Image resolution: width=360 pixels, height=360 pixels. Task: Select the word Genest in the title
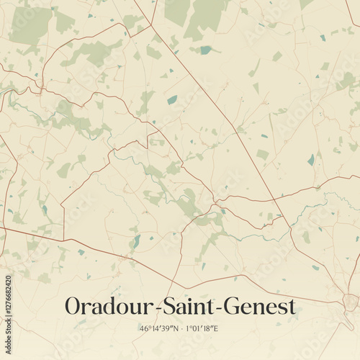click(x=259, y=306)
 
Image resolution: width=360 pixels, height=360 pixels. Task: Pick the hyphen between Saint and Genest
click(x=219, y=308)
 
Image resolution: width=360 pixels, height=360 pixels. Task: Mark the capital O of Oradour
click(x=73, y=306)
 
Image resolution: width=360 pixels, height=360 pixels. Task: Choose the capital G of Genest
click(x=233, y=306)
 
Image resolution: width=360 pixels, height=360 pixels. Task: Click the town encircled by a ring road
click(x=351, y=302)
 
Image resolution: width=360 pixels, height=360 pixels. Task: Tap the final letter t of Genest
click(x=292, y=307)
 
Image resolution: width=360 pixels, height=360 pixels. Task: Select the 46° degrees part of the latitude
click(x=145, y=328)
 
